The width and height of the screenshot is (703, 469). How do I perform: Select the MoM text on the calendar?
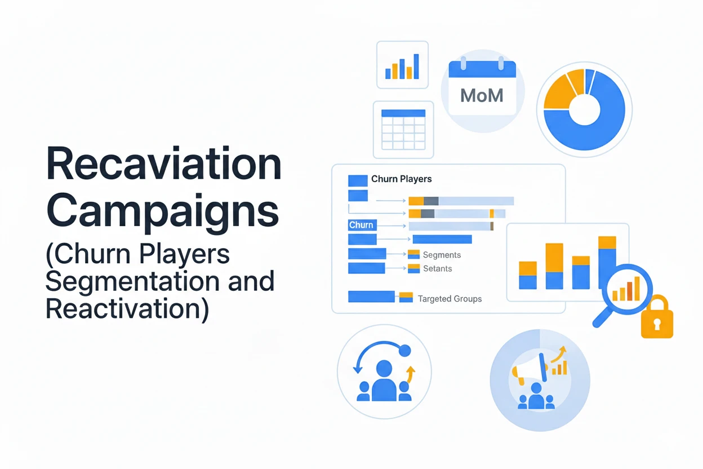tap(482, 95)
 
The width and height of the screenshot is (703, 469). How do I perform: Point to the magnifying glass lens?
tap(627, 289)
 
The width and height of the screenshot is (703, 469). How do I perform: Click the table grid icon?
tap(403, 130)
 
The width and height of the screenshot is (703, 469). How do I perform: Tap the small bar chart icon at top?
tap(402, 65)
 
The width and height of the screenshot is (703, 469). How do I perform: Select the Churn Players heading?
tap(401, 179)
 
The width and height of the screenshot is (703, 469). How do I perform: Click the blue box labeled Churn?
tap(361, 225)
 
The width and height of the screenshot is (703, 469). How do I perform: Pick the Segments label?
tap(442, 255)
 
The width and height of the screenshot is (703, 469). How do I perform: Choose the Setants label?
tap(437, 268)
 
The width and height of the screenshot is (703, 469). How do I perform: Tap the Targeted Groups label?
tap(450, 299)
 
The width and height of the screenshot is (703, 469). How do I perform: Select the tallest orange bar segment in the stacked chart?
tap(554, 258)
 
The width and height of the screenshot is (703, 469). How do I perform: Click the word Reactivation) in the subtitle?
tap(127, 308)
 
